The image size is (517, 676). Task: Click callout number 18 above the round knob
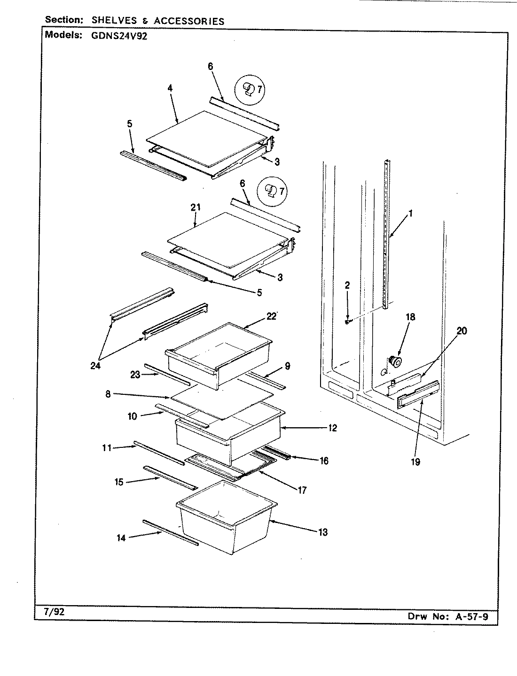coord(410,317)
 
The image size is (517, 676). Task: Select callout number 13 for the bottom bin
coord(322,532)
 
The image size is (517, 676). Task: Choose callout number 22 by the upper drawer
coord(271,316)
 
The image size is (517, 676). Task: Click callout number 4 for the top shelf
coord(170,87)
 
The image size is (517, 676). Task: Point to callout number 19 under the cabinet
coord(415,461)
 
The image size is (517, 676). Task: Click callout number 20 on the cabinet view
coord(462,331)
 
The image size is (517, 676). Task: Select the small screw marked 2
coord(347,322)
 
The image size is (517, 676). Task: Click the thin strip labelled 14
coord(170,532)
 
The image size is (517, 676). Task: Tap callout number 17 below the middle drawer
coord(302,491)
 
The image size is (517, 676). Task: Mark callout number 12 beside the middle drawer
coord(332,428)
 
